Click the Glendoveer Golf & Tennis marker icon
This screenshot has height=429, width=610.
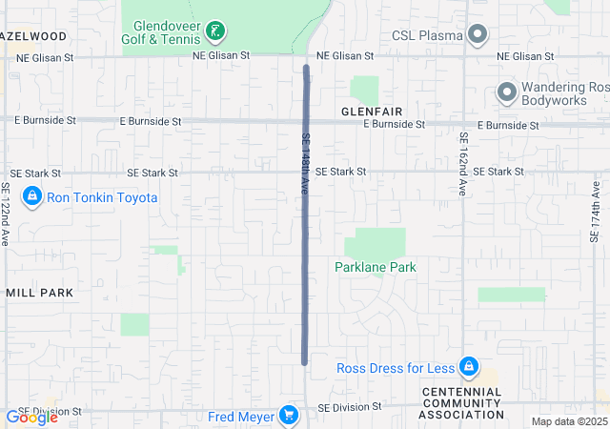point(217,32)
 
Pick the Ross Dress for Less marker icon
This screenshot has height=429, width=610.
point(468,367)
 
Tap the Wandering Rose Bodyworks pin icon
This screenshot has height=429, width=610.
point(506,92)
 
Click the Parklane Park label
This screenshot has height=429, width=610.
point(376,268)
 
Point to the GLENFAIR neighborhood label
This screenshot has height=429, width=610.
point(371,112)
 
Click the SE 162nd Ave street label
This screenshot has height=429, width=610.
point(462,163)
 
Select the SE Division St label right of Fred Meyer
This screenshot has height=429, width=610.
point(350,406)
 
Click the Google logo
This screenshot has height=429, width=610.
point(31,418)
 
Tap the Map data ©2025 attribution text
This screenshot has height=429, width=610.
point(569,421)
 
